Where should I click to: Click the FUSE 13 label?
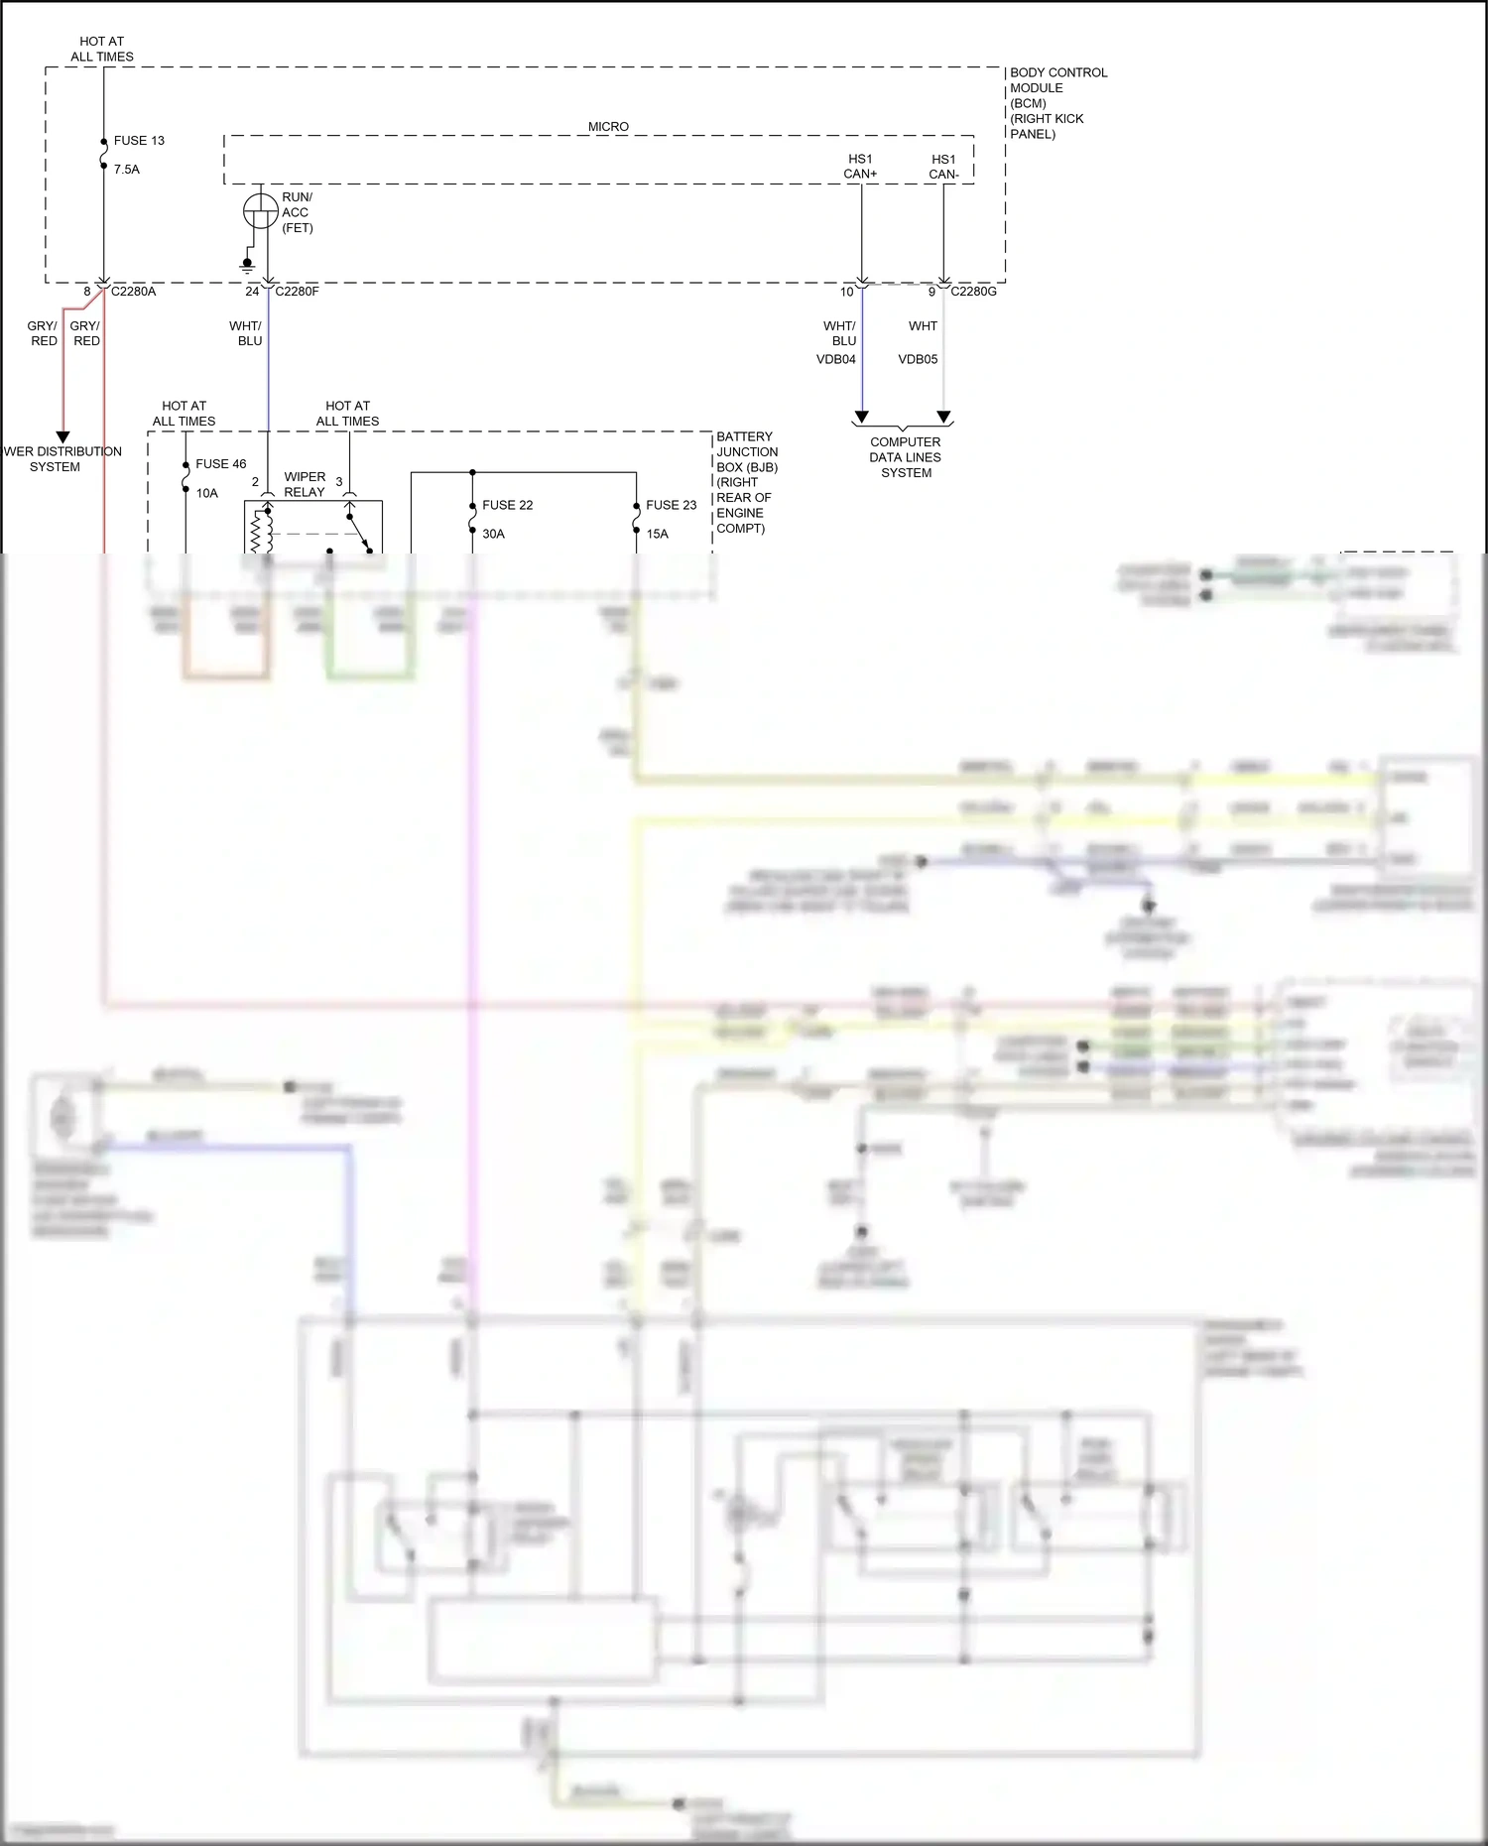(139, 141)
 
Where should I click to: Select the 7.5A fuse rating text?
(127, 170)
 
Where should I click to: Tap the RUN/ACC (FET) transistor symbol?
(261, 211)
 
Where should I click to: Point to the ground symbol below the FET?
(247, 266)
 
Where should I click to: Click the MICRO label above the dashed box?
(608, 127)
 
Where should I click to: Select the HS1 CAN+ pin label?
(860, 167)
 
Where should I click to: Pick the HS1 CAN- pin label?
(943, 167)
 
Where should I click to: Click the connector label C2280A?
(133, 292)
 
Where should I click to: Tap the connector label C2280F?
(297, 292)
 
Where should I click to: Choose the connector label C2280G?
(973, 292)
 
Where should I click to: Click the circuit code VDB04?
(836, 360)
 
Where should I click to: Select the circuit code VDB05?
(918, 360)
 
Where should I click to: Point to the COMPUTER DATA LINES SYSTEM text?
(906, 457)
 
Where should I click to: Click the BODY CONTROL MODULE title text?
(1057, 80)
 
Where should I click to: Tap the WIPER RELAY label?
(305, 485)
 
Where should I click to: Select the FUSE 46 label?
(221, 464)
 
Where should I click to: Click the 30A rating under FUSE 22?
(494, 535)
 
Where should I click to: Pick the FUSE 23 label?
(672, 506)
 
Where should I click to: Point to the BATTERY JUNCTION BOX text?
(747, 452)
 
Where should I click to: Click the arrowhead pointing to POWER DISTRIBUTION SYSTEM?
(62, 437)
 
